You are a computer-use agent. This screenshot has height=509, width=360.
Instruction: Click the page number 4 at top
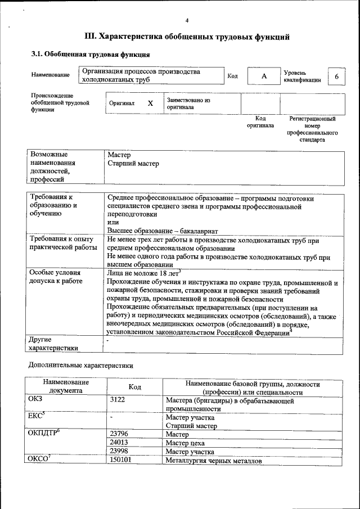point(186,21)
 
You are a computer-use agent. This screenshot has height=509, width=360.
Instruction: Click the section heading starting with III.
point(187,37)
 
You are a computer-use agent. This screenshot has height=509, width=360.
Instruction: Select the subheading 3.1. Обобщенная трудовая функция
point(90,55)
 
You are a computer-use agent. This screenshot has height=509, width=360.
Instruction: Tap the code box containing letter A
point(263,76)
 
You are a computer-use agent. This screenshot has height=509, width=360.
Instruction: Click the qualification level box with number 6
point(336,76)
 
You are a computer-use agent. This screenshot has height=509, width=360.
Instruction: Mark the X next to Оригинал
point(150,103)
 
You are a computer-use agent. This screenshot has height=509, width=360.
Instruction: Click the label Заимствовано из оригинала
point(188,103)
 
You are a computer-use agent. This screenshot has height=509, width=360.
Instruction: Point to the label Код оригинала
point(260,122)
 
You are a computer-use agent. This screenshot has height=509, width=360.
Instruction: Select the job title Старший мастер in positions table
point(133,164)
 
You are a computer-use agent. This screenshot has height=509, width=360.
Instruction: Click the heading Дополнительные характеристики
point(81,366)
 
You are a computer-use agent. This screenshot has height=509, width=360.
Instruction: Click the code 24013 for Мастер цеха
point(120,443)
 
